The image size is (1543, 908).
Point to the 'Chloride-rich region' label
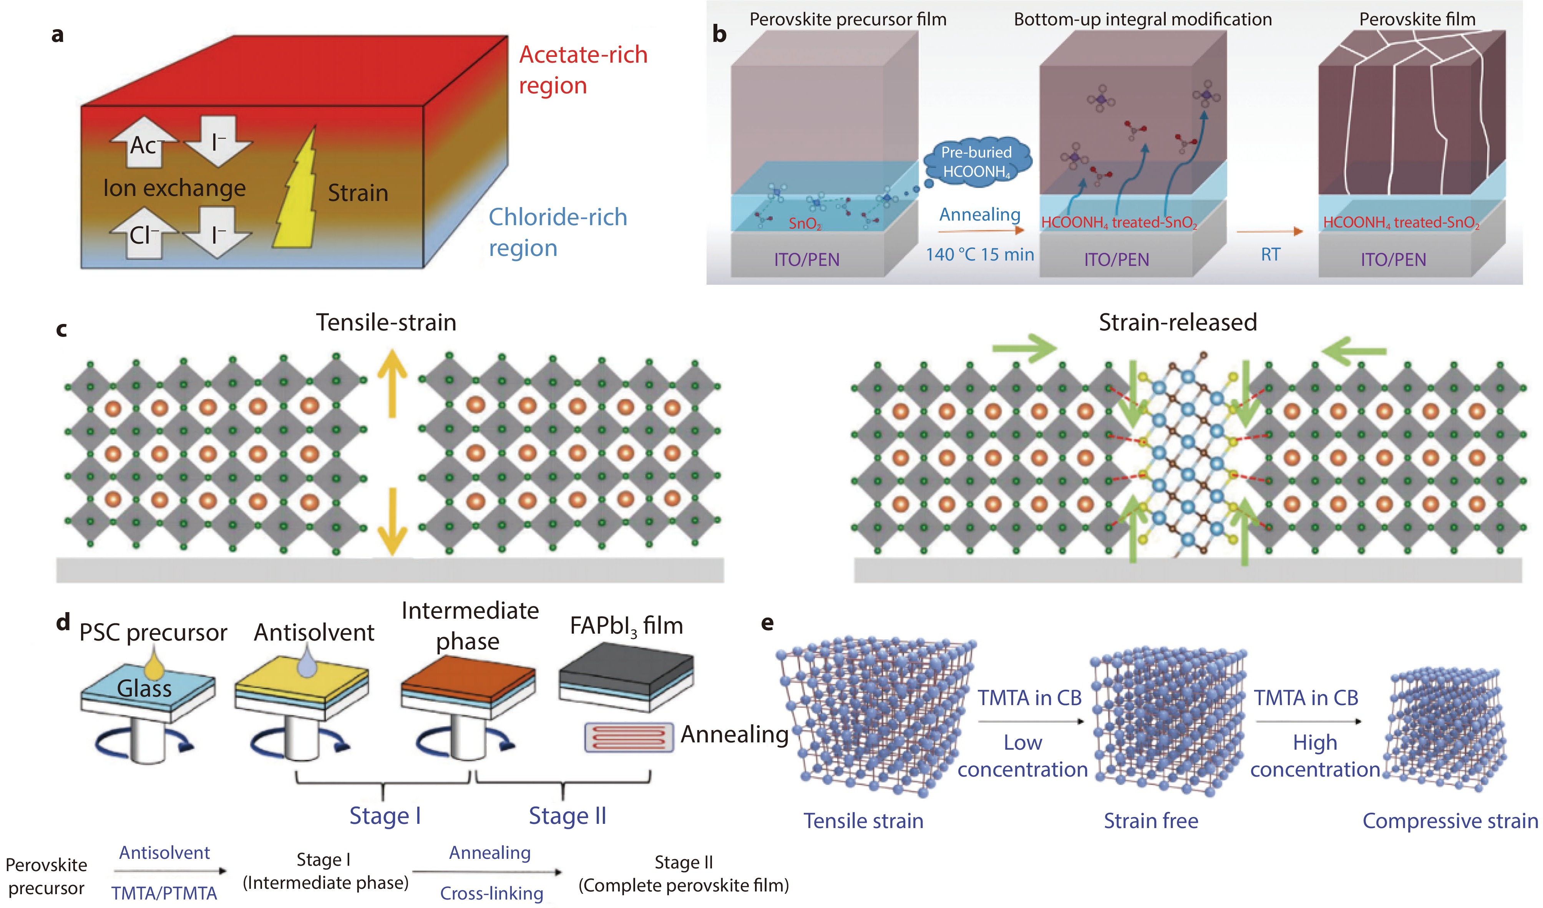coord(557,232)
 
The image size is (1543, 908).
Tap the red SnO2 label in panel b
coord(804,224)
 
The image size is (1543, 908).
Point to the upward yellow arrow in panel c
coord(392,383)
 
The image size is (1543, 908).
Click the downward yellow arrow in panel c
coord(392,520)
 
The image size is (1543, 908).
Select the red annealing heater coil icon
coord(628,737)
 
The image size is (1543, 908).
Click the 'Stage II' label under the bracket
coord(567,816)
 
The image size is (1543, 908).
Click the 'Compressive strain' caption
coord(1449,821)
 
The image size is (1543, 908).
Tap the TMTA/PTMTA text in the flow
coord(164,893)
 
